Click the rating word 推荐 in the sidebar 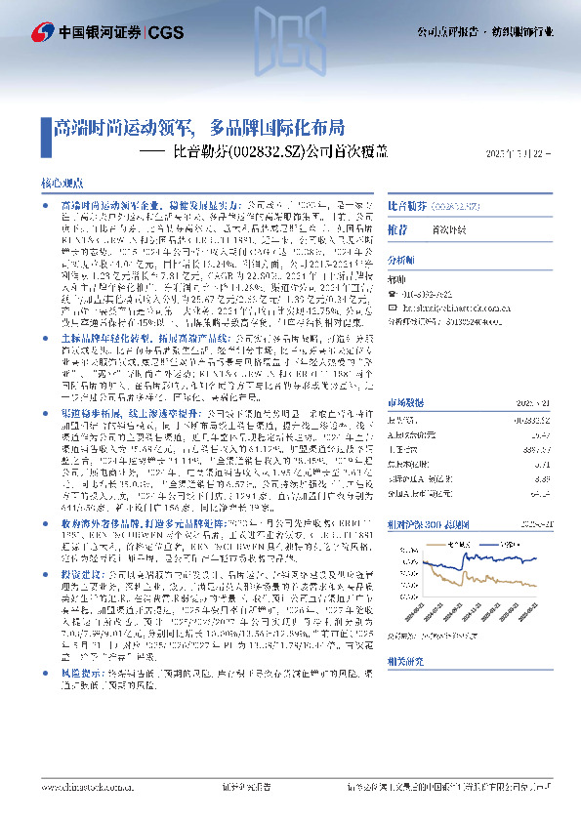pos(397,228)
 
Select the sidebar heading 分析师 pos(401,261)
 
